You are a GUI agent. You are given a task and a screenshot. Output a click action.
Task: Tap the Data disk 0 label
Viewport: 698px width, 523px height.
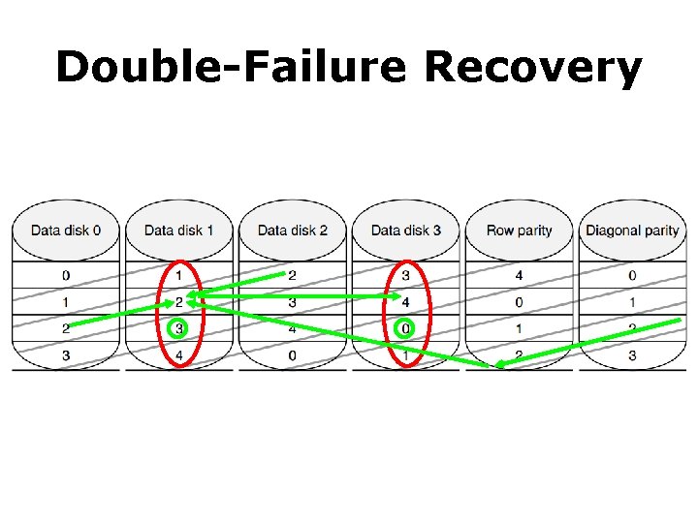pyautogui.click(x=65, y=231)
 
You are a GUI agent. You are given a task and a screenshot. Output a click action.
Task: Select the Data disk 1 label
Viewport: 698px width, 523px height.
pyautogui.click(x=178, y=231)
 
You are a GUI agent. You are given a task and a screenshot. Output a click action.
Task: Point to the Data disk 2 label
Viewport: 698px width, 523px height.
pyautogui.click(x=292, y=231)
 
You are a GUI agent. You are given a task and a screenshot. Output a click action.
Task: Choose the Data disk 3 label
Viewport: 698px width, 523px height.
pyautogui.click(x=405, y=231)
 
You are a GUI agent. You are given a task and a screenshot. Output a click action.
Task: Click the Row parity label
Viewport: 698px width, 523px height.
pyautogui.click(x=519, y=231)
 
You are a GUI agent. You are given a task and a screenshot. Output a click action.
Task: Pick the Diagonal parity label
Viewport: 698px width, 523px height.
pyautogui.click(x=632, y=231)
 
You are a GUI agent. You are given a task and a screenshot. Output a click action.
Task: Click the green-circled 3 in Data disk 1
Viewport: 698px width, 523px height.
pyautogui.click(x=178, y=329)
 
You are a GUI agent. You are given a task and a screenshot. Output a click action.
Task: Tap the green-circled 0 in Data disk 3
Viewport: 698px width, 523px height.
pyautogui.click(x=405, y=329)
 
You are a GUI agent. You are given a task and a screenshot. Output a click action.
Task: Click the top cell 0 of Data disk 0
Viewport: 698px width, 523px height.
pyautogui.click(x=65, y=276)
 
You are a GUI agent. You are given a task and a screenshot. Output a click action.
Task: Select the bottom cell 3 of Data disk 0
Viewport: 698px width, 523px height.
pyautogui.click(x=65, y=355)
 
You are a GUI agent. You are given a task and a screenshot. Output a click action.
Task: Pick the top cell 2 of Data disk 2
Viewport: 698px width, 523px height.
pyautogui.click(x=292, y=276)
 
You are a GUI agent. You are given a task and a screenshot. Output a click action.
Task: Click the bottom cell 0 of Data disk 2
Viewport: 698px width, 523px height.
pyautogui.click(x=292, y=355)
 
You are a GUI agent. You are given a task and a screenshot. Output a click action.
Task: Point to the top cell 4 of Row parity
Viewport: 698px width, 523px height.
pyautogui.click(x=519, y=276)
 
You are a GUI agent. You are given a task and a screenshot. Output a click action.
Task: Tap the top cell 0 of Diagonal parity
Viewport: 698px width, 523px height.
pyautogui.click(x=632, y=276)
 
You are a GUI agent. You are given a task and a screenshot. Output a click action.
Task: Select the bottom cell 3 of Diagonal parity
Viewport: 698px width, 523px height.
pyautogui.click(x=632, y=355)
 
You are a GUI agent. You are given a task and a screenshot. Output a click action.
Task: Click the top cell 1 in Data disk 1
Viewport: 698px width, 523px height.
pyautogui.click(x=178, y=276)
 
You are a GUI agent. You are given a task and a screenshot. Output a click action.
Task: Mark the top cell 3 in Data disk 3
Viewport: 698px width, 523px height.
pyautogui.click(x=405, y=276)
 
